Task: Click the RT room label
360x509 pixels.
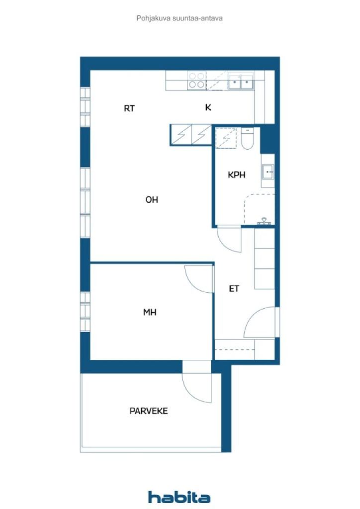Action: coord(129,108)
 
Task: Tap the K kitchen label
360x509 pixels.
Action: coord(208,107)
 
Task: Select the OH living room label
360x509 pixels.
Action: coord(152,199)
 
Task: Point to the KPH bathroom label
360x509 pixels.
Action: coord(236,174)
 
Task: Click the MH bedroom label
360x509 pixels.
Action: coord(150,312)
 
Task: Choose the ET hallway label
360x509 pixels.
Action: coord(234,288)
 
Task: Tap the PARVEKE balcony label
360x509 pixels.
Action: coord(149,411)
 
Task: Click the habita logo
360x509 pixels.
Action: coord(179,497)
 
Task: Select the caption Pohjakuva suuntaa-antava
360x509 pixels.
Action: coord(180,18)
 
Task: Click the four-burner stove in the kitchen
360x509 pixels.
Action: coord(197,81)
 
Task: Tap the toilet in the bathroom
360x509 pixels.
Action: coord(247,139)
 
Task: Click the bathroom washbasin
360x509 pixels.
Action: coord(268,171)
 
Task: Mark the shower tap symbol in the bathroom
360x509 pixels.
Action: coord(264,221)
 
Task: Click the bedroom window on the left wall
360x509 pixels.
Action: coord(85,311)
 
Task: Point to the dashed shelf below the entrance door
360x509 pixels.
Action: coord(234,349)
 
